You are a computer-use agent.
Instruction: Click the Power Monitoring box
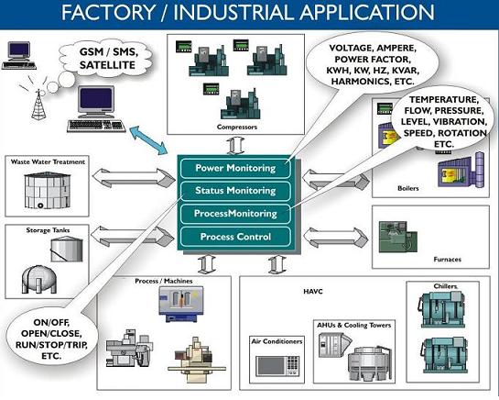coord(235,168)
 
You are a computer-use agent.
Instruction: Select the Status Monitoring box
coord(235,191)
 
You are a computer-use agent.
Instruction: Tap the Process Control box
coord(235,237)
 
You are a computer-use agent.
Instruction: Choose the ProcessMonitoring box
coord(235,214)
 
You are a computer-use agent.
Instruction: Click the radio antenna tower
coord(38,105)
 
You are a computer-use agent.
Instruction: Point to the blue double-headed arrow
coord(149,140)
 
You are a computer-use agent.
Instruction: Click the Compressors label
coord(237,127)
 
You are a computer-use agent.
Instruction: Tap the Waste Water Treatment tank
coord(47,191)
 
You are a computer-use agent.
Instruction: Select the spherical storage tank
coord(38,280)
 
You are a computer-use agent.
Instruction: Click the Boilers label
coord(408,188)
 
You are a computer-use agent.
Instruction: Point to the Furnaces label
coord(447,260)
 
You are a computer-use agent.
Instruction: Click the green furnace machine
coord(397,237)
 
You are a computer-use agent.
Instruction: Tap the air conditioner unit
coord(277,365)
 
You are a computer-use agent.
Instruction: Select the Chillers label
coord(445,286)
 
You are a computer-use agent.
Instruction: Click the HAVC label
coord(313,291)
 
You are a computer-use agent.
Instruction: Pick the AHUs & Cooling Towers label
coord(354,325)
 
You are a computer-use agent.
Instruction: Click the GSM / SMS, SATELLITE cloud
coord(106,59)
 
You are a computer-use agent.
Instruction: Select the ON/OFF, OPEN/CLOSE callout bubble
coord(51,339)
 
